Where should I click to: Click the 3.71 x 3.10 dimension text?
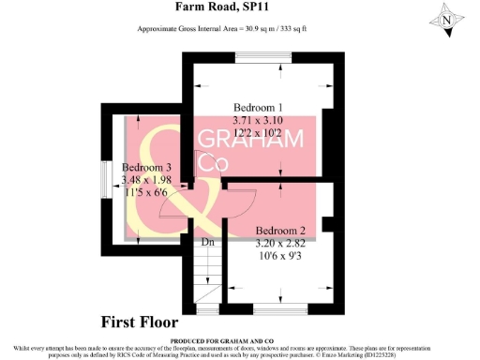coord(257,120)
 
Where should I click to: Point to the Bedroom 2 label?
coord(281,231)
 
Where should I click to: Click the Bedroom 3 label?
coord(145,168)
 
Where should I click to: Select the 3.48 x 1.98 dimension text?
coord(147,181)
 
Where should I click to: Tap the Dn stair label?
coord(209,243)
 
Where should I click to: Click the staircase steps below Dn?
coord(208,277)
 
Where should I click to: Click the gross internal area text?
coord(236,29)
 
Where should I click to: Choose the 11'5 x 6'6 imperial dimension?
coord(147,194)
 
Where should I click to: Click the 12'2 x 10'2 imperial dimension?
coord(257,133)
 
